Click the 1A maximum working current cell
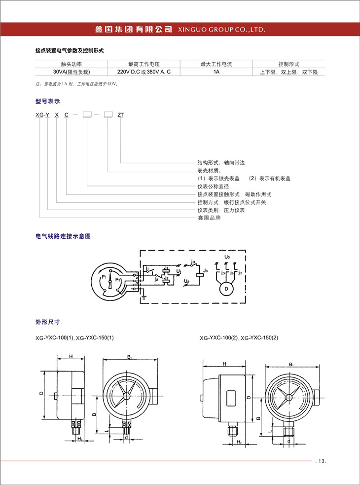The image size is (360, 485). click(216, 72)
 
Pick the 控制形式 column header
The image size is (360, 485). click(288, 64)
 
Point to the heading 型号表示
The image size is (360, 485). click(47, 101)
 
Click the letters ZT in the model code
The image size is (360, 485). click(120, 114)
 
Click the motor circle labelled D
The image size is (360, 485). click(226, 288)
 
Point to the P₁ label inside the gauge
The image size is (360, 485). click(104, 278)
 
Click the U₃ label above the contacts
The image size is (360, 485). click(226, 257)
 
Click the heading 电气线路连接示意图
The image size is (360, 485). click(63, 236)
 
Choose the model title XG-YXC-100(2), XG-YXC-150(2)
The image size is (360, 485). click(239, 338)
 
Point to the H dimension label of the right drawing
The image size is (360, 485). click(224, 364)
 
